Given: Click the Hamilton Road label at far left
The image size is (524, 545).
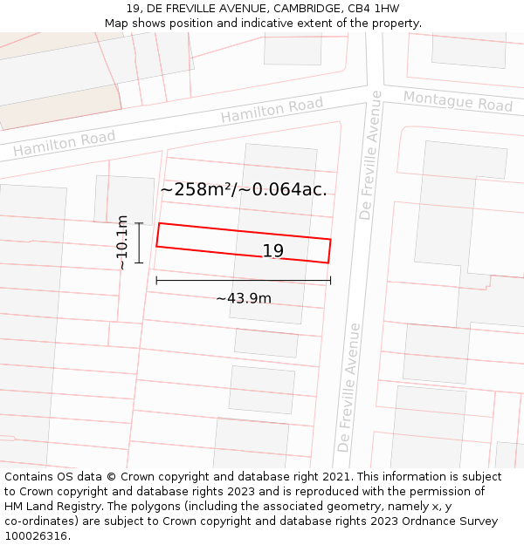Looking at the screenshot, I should pos(64,144).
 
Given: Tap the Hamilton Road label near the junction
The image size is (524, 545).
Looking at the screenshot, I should pos(272,110).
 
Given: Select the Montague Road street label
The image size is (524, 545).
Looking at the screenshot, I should pos(457,101).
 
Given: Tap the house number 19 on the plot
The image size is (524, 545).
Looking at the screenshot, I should pos(273,251).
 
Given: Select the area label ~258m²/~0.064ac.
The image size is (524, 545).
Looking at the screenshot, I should pos(244,189).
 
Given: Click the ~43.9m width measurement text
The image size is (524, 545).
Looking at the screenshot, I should pos(244,298).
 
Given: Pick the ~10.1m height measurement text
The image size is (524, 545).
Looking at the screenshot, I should pos(122,242).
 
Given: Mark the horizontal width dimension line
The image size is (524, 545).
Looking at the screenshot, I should pos(244,280).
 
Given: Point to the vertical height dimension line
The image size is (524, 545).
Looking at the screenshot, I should pos(139,242).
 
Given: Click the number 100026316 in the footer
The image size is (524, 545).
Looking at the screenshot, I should pos(36,536).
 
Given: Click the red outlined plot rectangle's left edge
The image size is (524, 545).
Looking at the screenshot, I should pos(157,235).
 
